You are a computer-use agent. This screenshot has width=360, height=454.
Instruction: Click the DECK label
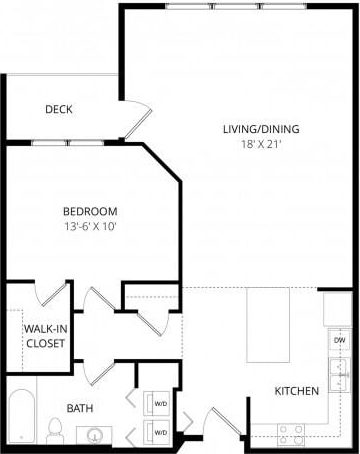[58, 110]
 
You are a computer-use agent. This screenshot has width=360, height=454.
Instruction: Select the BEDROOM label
[90, 211]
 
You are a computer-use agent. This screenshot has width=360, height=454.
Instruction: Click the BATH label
[80, 409]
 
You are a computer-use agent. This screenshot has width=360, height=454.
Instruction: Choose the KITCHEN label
[297, 391]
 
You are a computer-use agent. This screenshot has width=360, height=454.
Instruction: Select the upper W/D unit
[158, 404]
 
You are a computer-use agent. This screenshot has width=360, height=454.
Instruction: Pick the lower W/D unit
[158, 431]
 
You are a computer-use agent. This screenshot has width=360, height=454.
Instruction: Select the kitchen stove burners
[289, 434]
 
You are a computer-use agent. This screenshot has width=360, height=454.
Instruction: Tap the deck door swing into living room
[138, 118]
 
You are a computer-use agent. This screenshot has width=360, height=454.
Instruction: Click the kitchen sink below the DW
[338, 375]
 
